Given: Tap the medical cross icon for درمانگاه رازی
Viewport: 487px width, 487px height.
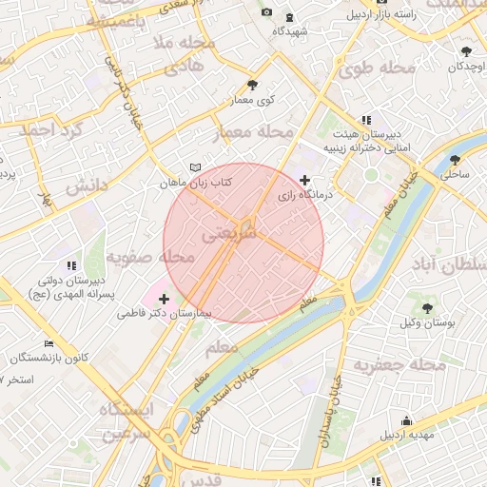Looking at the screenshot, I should tap(304, 180).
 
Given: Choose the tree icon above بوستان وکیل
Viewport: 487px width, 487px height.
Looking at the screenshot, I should tap(429, 307).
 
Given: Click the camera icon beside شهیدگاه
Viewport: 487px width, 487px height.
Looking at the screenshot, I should tap(266, 12).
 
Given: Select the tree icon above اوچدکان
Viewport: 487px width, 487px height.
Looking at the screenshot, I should tap(466, 51).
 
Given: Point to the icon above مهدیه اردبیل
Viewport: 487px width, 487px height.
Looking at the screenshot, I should tap(408, 420).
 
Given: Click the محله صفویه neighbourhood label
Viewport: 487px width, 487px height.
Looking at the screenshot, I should tap(150, 257).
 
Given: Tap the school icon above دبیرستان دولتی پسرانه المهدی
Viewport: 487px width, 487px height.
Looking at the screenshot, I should tap(69, 265).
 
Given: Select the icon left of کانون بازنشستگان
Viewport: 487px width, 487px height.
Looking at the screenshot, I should tap(49, 343).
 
